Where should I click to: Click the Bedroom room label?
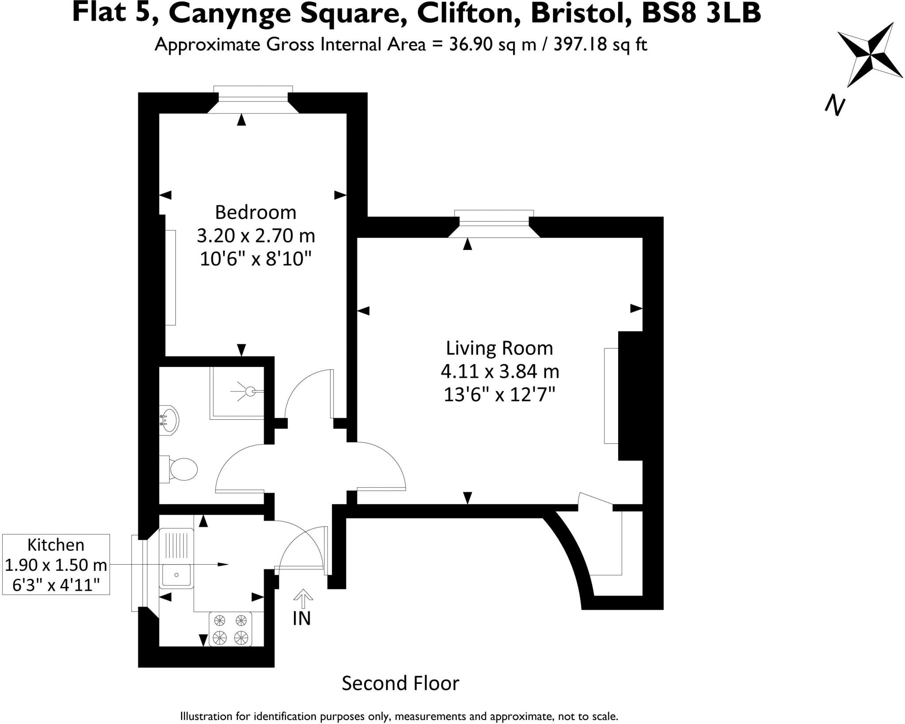(x=255, y=212)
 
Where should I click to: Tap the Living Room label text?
(x=499, y=348)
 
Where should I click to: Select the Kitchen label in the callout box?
(x=56, y=545)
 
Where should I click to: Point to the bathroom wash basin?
(x=169, y=419)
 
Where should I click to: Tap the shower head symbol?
(x=250, y=391)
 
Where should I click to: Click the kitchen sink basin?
(x=176, y=575)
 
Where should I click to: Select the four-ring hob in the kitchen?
(x=230, y=629)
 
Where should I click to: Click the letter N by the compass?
(x=835, y=106)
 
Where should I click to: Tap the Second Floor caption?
(x=400, y=683)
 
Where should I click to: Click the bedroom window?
(x=253, y=94)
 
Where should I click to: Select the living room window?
(x=494, y=219)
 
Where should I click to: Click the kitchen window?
(x=139, y=573)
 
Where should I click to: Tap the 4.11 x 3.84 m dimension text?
(x=500, y=371)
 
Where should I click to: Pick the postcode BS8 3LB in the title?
(x=701, y=13)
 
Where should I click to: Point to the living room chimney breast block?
(x=630, y=396)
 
